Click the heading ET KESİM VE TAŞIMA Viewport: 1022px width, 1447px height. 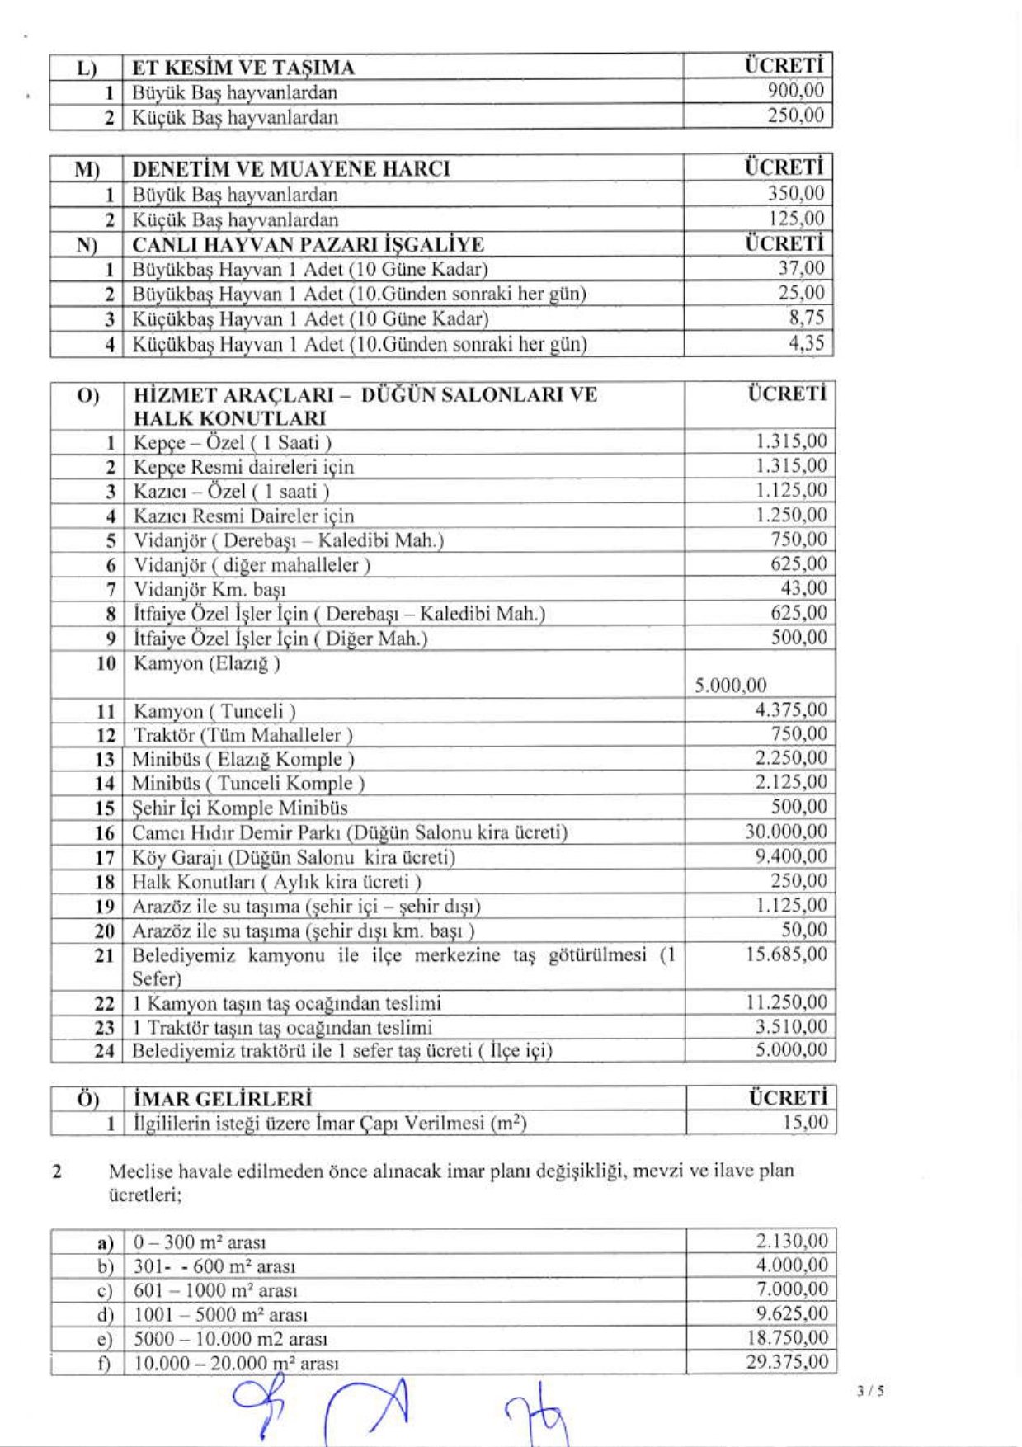(243, 68)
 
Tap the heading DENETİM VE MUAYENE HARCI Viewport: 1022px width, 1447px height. (291, 169)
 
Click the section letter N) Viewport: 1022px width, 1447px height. (87, 245)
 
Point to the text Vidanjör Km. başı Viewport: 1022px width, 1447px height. (210, 589)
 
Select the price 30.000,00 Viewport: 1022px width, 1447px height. (785, 832)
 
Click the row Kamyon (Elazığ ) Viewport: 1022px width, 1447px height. (207, 663)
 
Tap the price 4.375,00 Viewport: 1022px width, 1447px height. (790, 710)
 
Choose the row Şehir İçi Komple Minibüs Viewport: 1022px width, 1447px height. (240, 808)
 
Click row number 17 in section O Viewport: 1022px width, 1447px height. (105, 858)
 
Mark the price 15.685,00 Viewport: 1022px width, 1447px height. (786, 954)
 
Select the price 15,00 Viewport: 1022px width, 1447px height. (805, 1123)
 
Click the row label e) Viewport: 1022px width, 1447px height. (105, 1339)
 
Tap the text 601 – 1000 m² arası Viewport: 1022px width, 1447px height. (215, 1290)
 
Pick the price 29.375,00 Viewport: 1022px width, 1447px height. (786, 1362)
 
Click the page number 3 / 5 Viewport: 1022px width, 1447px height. (870, 1391)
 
